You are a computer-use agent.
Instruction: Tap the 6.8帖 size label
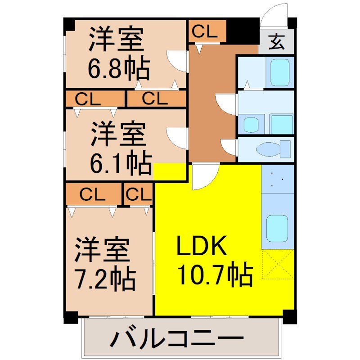118,69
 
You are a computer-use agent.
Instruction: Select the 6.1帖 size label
119,164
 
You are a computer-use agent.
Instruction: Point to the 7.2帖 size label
105,279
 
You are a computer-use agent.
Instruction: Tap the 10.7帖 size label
215,274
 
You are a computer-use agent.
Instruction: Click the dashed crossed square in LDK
278,264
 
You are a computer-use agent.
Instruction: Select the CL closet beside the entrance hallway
205,31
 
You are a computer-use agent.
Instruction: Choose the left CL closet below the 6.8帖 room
94,99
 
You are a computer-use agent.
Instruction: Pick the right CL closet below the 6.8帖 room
156,99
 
